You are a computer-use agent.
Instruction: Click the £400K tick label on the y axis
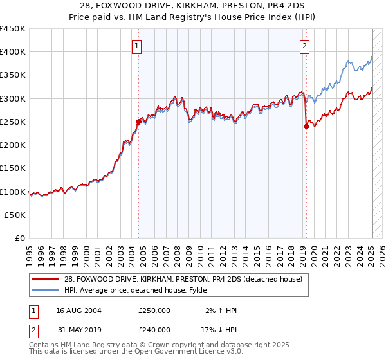pyautogui.click(x=13, y=52)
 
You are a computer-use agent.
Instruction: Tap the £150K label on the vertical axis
pyautogui.click(x=13, y=168)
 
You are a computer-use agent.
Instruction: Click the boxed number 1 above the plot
pyautogui.click(x=138, y=45)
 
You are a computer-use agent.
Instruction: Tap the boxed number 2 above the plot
pyautogui.click(x=304, y=45)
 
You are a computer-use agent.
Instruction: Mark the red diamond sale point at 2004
pyautogui.click(x=138, y=121)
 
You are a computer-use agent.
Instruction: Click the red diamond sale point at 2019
pyautogui.click(x=306, y=126)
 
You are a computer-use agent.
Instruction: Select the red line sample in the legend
pyautogui.click(x=47, y=278)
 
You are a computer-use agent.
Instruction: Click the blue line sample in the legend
pyautogui.click(x=47, y=290)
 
